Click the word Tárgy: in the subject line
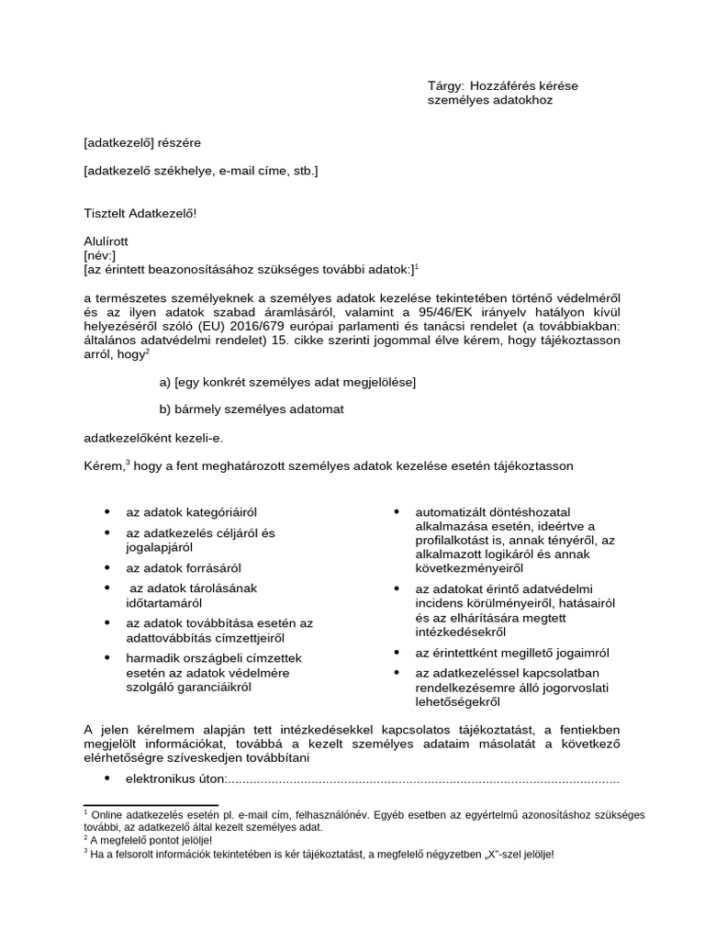pyautogui.click(x=448, y=86)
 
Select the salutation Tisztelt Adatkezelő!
pyautogui.click(x=140, y=213)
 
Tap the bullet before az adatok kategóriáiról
pyautogui.click(x=107, y=510)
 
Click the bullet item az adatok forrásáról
pyautogui.click(x=184, y=568)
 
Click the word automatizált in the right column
pyautogui.click(x=450, y=510)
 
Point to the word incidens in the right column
pyautogui.click(x=442, y=603)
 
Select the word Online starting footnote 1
pyautogui.click(x=105, y=814)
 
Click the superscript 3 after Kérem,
pyautogui.click(x=128, y=462)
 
